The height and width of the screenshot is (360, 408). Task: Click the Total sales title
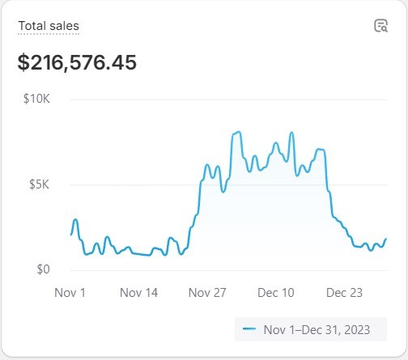(x=49, y=26)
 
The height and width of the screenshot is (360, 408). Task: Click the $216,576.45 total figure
(x=77, y=62)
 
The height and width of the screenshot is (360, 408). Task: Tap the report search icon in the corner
(x=381, y=26)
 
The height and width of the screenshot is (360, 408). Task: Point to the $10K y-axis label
(x=36, y=99)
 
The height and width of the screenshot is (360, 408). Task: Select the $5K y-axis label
(x=39, y=184)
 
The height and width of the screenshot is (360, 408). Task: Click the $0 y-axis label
(x=43, y=269)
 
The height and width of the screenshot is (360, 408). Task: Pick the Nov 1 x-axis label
(x=70, y=293)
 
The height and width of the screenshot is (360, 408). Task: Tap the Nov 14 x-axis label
(x=138, y=293)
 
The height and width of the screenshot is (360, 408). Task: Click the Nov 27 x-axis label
(x=207, y=293)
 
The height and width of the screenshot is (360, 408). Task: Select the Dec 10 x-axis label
(x=276, y=293)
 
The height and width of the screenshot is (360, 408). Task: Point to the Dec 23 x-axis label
(x=344, y=293)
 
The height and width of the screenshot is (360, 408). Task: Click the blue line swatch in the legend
(x=249, y=328)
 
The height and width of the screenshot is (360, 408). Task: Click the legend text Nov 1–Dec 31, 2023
(x=317, y=329)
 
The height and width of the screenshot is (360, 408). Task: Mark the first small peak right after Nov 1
(x=75, y=220)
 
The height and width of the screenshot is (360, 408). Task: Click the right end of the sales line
(x=386, y=239)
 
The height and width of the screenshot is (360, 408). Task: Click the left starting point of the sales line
(x=71, y=235)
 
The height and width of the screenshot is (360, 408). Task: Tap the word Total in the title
(x=32, y=26)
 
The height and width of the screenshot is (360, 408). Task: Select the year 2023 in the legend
(x=357, y=329)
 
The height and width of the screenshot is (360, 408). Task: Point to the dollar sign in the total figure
(x=23, y=62)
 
